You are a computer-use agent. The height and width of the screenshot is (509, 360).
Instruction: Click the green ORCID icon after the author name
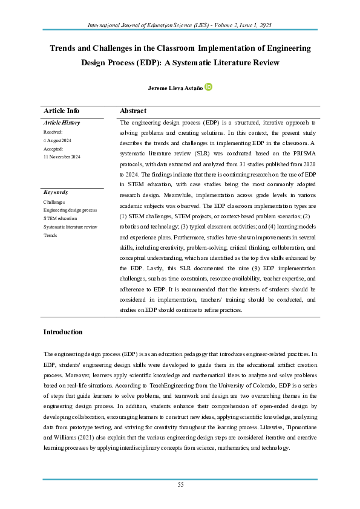[x=209, y=87]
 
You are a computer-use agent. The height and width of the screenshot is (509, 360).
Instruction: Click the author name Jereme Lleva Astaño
[x=175, y=88]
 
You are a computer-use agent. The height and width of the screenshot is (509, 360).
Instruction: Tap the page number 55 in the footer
[x=180, y=485]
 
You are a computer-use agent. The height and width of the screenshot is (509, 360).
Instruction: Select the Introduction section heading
[x=63, y=332]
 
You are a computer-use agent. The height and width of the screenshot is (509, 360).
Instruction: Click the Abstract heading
[x=133, y=111]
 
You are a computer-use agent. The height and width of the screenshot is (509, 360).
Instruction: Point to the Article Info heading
[x=61, y=111]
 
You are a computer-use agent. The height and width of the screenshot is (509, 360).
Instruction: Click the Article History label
[x=62, y=123]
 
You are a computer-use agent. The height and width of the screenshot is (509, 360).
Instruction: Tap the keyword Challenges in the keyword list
[x=54, y=201]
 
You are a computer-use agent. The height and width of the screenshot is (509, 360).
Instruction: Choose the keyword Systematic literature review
[x=70, y=227]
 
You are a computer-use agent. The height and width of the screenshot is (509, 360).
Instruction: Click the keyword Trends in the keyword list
[x=51, y=235]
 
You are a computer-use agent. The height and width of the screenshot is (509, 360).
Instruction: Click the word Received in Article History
[x=53, y=131]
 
